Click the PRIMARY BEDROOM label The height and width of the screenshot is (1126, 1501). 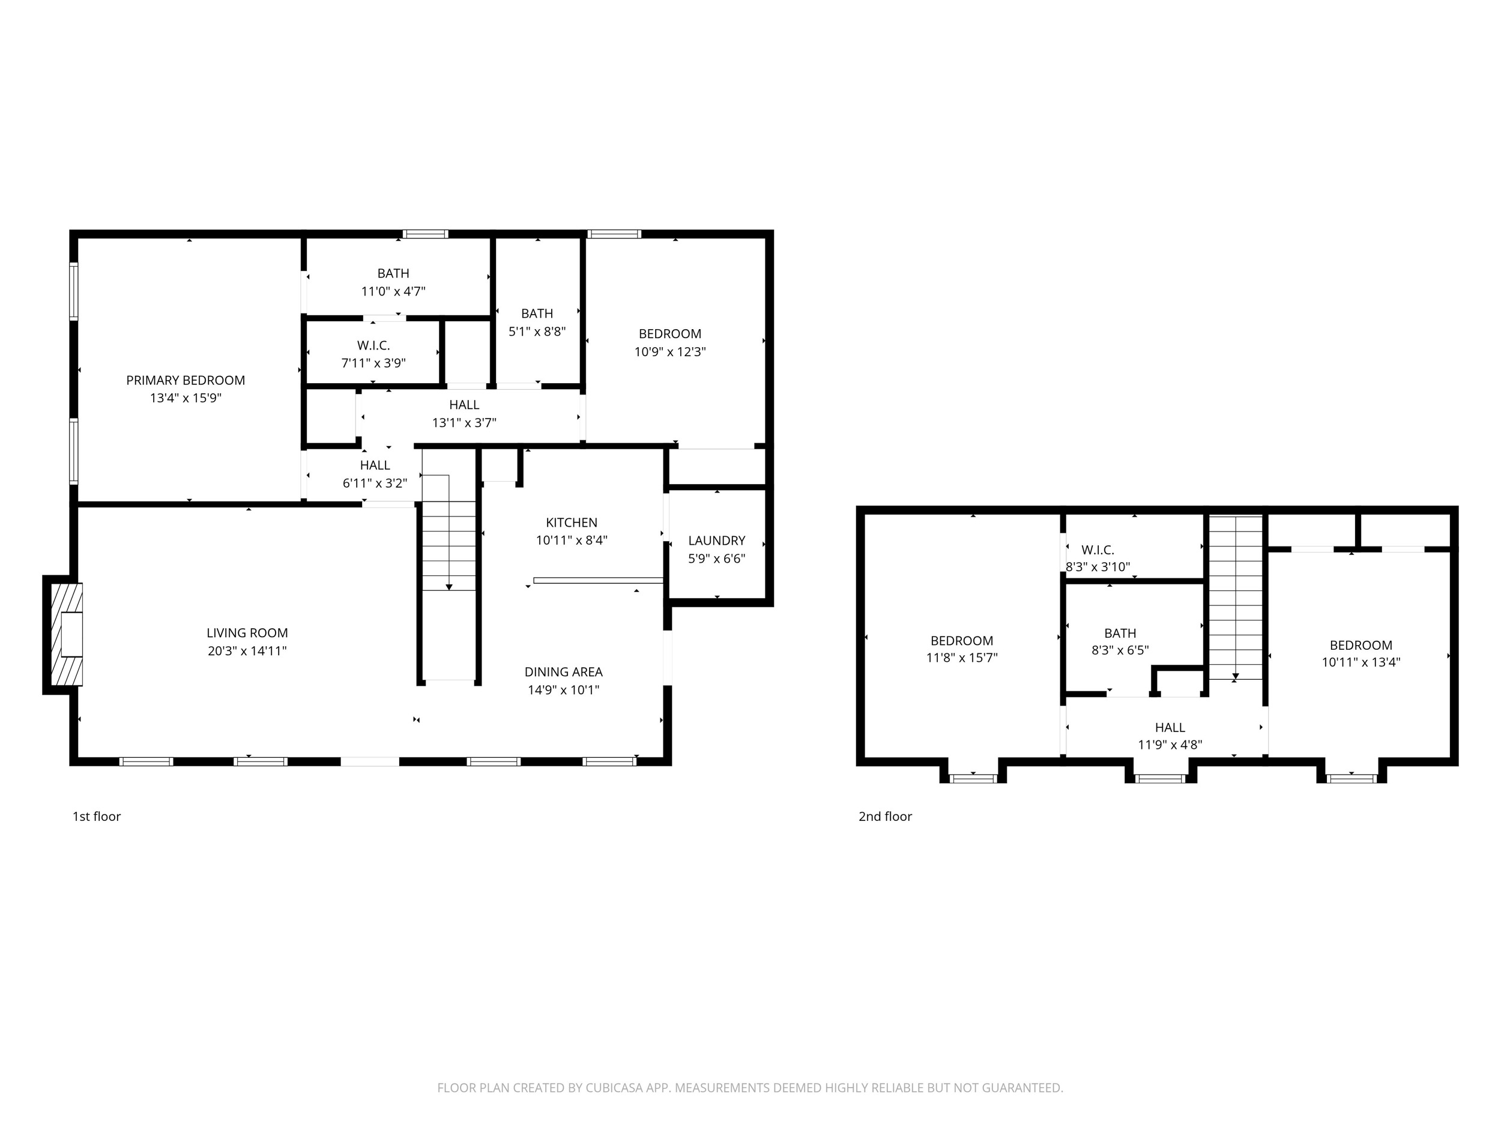coord(186,380)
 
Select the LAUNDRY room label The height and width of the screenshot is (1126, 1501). coord(716,540)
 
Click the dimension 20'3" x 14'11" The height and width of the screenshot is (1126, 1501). coord(247,651)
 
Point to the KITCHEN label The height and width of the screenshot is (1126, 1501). coord(572,522)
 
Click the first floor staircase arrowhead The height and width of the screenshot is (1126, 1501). coord(448,586)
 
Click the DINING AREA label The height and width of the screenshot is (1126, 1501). coord(563,672)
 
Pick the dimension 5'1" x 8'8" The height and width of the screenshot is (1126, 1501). coord(537,332)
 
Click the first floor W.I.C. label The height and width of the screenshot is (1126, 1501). coord(373,345)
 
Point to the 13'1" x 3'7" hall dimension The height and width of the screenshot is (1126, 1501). coord(464,423)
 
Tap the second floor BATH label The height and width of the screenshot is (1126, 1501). coord(1120,633)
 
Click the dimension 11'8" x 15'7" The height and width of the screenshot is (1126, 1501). coord(961,658)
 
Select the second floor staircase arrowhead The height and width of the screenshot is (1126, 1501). coord(1236,676)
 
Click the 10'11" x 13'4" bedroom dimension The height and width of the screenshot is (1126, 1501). coord(1361,662)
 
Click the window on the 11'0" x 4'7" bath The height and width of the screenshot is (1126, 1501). coord(425,234)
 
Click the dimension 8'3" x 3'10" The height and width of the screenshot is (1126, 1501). coord(1098,567)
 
